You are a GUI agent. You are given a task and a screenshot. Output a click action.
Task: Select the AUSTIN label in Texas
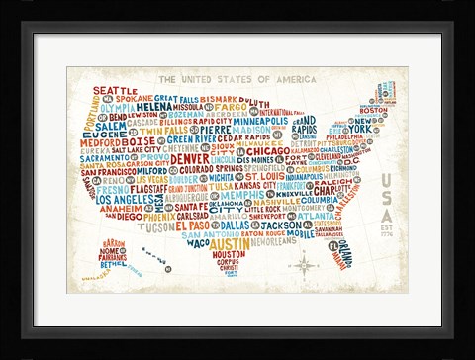pos(230,242)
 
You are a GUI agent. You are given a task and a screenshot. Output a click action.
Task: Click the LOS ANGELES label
pos(125,199)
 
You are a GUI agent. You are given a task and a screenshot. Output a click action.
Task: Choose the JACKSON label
pos(266,225)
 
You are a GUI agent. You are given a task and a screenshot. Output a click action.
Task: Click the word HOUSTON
pos(229,254)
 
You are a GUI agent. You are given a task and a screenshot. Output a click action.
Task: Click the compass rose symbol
pos(302,263)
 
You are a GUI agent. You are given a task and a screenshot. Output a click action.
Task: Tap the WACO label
pos(198,242)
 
